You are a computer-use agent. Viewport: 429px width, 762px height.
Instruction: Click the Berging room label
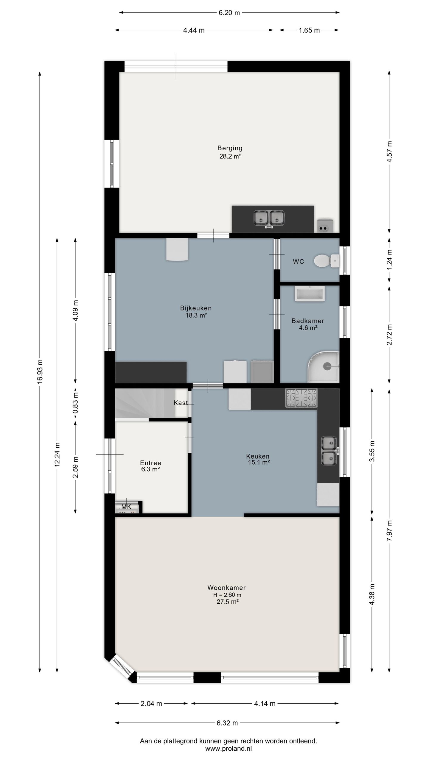tap(230, 148)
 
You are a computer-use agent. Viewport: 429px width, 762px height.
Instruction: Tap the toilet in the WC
tap(326, 261)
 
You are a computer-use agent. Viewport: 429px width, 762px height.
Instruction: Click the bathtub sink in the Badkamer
tap(310, 294)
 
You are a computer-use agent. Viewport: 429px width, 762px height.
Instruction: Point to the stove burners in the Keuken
tap(301, 398)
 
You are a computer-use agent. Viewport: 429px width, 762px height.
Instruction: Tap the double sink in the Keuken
tap(329, 451)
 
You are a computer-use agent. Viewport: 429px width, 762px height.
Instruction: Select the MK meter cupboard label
tap(126, 507)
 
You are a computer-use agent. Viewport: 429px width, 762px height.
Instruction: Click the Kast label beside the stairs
tap(181, 403)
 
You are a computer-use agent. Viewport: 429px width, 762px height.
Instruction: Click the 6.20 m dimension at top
tap(229, 13)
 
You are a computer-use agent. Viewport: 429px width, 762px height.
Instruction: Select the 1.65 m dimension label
tap(309, 30)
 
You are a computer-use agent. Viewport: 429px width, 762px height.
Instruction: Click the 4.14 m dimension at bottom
tap(265, 703)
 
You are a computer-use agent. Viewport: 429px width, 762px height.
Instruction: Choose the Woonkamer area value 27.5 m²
tap(228, 602)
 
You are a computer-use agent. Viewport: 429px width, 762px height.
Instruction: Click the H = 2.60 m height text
tap(227, 595)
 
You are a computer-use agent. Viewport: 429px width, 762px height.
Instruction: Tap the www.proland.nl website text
tap(228, 749)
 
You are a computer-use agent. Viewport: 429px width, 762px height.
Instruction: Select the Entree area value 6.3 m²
tap(150, 469)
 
